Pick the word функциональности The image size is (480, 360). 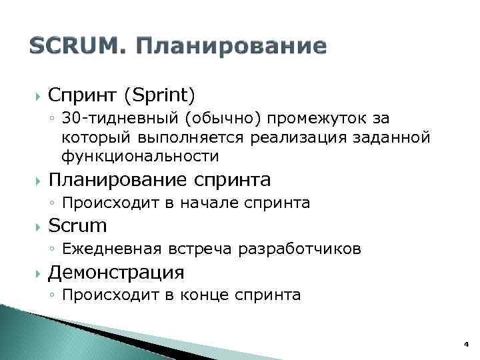pyautogui.click(x=139, y=157)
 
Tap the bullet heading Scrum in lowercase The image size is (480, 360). pyautogui.click(x=77, y=226)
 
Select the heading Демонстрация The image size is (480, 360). pyautogui.click(x=116, y=272)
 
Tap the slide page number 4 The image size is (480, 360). pyautogui.click(x=466, y=344)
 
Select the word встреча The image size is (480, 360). pyautogui.click(x=206, y=249)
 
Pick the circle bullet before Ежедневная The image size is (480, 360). pyautogui.click(x=52, y=250)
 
